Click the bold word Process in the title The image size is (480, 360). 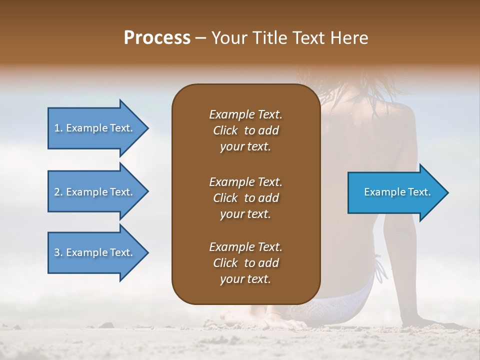click(x=157, y=38)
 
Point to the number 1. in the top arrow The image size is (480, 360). click(x=58, y=128)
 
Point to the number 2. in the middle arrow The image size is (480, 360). click(x=58, y=192)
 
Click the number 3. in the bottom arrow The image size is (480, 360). click(x=58, y=252)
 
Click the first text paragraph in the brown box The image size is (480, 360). click(x=245, y=130)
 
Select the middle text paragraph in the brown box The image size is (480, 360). click(x=245, y=197)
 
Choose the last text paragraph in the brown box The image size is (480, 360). click(x=245, y=263)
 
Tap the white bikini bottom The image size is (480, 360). click(x=345, y=300)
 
